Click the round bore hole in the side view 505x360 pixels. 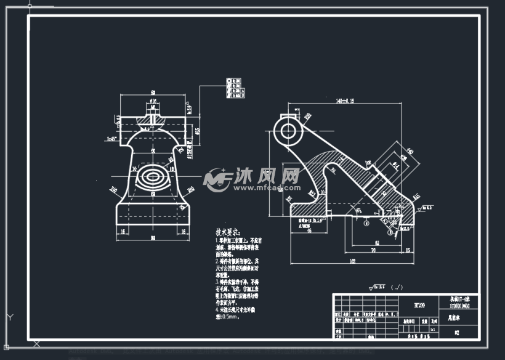pos(288,130)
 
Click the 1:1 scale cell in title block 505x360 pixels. pos(433,329)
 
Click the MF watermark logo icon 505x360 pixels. pos(217,179)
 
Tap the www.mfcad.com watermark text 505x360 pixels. pos(266,187)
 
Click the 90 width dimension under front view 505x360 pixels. pos(152,238)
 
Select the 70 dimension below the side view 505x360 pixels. pos(373,251)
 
